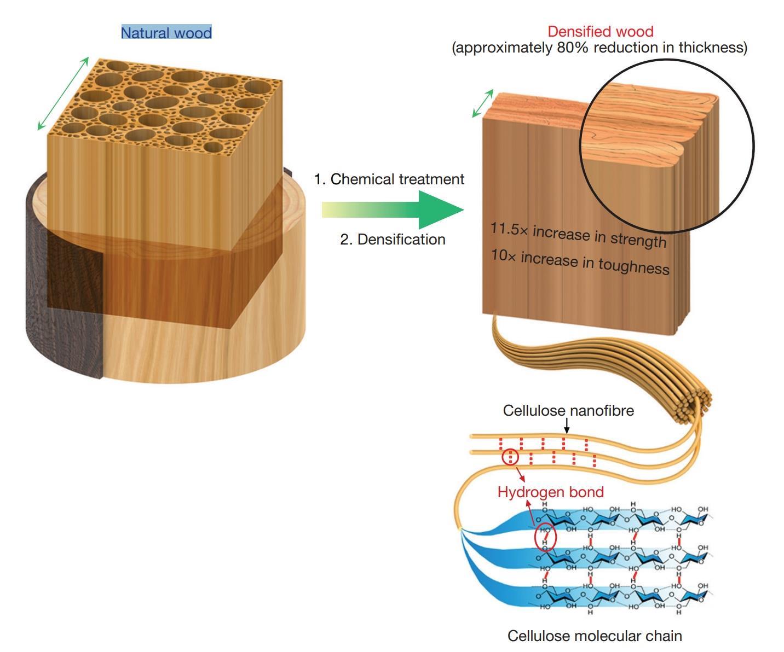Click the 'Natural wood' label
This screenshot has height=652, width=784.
tap(166, 33)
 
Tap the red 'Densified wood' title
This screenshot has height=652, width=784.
tap(600, 31)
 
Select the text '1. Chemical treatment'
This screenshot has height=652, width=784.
tap(389, 179)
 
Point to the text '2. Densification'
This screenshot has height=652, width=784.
tap(393, 240)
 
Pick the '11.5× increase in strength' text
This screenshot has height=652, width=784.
tap(578, 235)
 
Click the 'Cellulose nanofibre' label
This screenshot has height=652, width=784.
tap(568, 411)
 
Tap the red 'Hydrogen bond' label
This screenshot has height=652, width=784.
tap(550, 492)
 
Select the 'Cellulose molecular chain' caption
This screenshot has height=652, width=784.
tap(595, 636)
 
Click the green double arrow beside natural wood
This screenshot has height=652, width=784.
tap(63, 94)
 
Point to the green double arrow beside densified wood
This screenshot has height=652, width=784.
tap(482, 103)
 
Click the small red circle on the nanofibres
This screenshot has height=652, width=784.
tap(510, 457)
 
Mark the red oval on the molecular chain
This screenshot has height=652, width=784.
tap(545, 537)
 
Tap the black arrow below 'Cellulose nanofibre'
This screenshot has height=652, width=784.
tap(567, 426)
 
